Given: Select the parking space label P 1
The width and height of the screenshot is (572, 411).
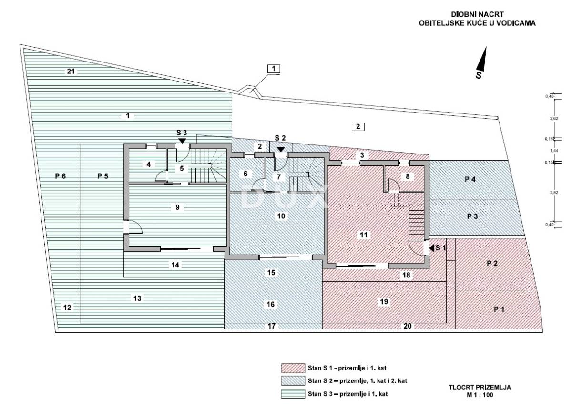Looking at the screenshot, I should (x=499, y=309).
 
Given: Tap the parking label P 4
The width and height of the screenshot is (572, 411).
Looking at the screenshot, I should (x=470, y=179).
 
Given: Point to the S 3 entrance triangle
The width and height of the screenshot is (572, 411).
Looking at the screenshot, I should (x=182, y=141).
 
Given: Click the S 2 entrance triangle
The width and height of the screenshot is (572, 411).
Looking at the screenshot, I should (x=281, y=149).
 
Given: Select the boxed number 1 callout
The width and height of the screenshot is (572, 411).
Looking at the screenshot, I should (x=274, y=69).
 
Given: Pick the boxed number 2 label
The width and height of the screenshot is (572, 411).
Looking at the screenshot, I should (x=358, y=127).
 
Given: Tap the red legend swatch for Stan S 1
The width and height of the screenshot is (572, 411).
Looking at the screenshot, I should (x=293, y=368).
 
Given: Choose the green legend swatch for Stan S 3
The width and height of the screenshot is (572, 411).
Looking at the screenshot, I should (x=293, y=394).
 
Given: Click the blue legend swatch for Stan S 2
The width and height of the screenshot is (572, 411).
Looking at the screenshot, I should (x=293, y=381).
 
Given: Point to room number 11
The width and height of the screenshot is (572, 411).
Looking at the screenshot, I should (x=364, y=235).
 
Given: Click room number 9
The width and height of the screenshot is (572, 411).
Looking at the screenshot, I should (x=177, y=207).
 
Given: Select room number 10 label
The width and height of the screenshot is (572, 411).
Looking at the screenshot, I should (x=281, y=216).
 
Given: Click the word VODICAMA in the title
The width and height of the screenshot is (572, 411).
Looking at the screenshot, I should (x=517, y=22).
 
